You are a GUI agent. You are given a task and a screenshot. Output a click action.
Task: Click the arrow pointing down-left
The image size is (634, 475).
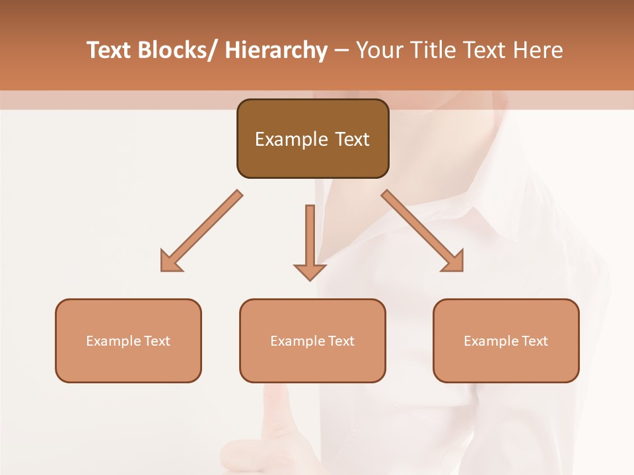click(201, 231)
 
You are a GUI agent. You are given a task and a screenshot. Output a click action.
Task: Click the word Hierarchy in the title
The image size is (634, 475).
click(275, 50)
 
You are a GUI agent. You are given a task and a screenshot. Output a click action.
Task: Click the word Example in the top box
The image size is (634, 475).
click(291, 140)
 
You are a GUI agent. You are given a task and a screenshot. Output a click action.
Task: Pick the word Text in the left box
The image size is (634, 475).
click(157, 341)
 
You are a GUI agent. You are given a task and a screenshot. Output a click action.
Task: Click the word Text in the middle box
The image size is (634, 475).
click(341, 341)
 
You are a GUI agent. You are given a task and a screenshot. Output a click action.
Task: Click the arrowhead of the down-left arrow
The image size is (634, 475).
click(170, 262)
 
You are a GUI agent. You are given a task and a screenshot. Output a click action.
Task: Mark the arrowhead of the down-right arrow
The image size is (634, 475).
click(454, 262)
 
